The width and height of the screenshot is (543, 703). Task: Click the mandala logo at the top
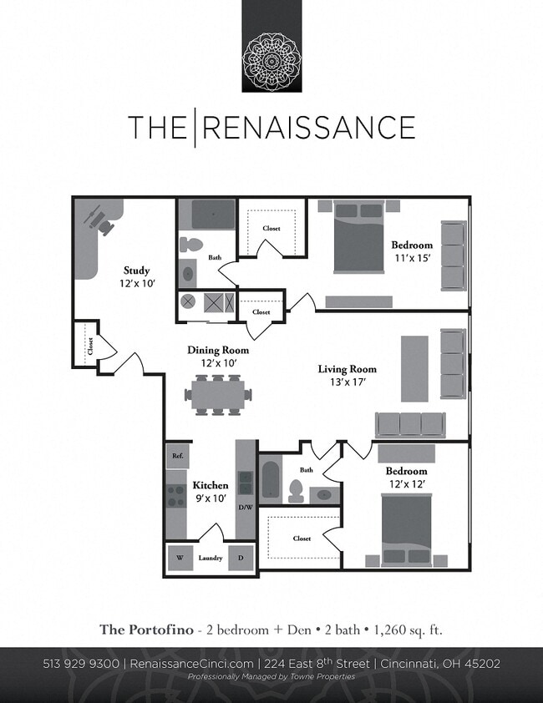pos(271,60)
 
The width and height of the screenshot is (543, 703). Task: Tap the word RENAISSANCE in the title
pos(309,128)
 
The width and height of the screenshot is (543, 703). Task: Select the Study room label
pos(136,271)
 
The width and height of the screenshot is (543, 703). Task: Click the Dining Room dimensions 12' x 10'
pos(218,363)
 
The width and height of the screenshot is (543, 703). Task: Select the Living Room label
pos(347,369)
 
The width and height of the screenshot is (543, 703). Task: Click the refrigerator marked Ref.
pos(178,456)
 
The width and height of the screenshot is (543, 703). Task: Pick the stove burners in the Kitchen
pos(177,497)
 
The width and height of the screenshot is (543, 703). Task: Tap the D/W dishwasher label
pos(246,507)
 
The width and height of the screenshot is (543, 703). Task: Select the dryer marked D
pos(241,558)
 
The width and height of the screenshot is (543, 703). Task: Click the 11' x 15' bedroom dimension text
pos(412,258)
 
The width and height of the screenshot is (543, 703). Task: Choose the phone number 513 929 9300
pos(81,664)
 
